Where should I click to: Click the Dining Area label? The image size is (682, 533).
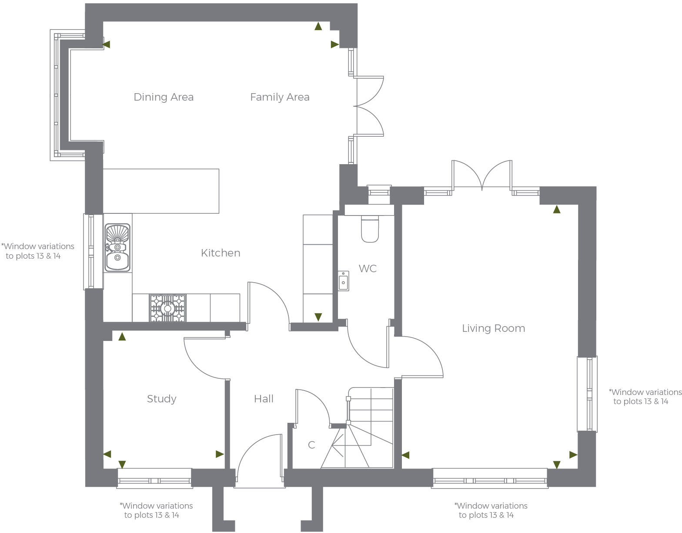pos(164,97)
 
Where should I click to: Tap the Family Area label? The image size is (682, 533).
pos(280,97)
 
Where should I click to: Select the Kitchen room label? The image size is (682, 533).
pos(221,253)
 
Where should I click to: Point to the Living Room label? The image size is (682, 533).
pos(493,328)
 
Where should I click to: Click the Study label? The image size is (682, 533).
pos(161,399)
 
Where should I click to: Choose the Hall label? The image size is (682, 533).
pos(264,399)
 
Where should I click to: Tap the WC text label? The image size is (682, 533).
pos(368,269)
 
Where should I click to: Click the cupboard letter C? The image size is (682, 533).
pos(311,445)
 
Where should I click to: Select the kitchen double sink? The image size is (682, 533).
pos(117,247)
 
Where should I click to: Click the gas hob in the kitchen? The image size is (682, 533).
pos(167,308)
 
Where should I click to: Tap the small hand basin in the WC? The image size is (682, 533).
pos(344,280)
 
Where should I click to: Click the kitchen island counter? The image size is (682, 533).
pos(161,191)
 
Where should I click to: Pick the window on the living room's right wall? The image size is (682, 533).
pos(588,394)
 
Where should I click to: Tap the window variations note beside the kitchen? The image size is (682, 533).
pos(38,251)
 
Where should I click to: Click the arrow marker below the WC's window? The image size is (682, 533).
pos(318,317)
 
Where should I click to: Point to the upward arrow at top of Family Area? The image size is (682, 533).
pos(318,27)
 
